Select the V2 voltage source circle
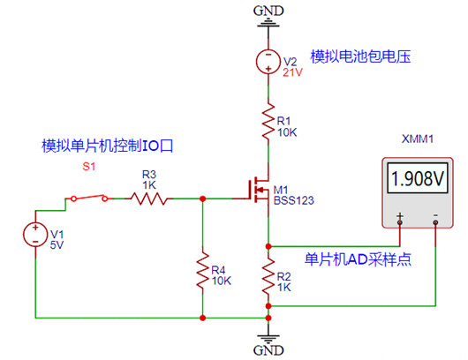click(x=268, y=61)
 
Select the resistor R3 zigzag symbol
click(x=149, y=199)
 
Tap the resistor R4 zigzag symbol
click(x=203, y=266)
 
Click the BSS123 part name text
click(x=293, y=201)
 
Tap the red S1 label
click(x=88, y=167)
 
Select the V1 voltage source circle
click(x=36, y=233)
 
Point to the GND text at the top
click(x=267, y=10)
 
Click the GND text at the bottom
click(x=268, y=350)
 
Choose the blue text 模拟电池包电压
click(x=362, y=56)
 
